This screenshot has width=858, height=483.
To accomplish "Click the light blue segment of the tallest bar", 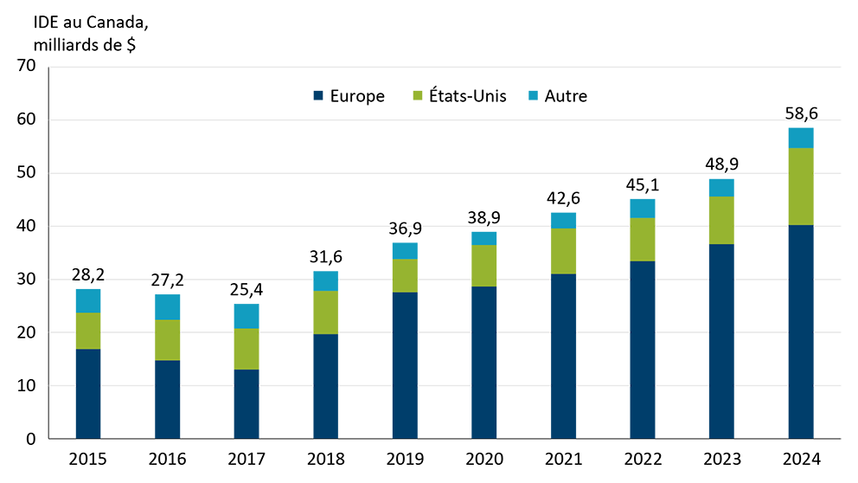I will click(801, 137).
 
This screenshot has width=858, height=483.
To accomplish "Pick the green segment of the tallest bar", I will click(801, 187).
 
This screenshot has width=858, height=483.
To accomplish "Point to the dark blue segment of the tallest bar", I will click(801, 329).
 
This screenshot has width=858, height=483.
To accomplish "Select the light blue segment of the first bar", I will click(93, 299).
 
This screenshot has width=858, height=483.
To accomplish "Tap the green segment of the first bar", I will click(93, 332).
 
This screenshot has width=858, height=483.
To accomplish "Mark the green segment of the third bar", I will click(246, 350).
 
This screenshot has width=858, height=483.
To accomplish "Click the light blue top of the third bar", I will click(246, 314).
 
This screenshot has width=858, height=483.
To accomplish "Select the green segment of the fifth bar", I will click(404, 276).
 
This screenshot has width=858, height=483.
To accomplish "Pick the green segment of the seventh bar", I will click(563, 251).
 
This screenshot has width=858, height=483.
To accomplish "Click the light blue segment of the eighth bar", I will click(643, 207).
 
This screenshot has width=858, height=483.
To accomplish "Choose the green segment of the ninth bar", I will click(721, 221).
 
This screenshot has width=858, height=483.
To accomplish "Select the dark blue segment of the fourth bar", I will click(325, 384).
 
